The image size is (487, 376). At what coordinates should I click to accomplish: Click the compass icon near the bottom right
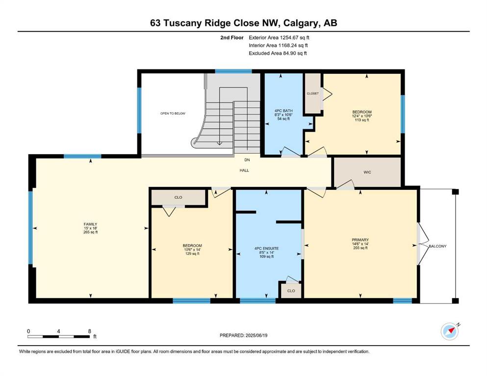pyautogui.click(x=450, y=331)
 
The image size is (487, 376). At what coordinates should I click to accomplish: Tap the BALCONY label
pyautogui.click(x=437, y=246)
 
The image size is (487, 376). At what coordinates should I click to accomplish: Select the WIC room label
pyautogui.click(x=367, y=172)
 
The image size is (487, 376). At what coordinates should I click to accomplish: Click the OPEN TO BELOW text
pyautogui.click(x=173, y=114)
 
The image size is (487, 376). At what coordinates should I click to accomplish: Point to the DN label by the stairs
pyautogui.click(x=247, y=160)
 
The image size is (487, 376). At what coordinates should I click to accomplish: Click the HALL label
pyautogui.click(x=244, y=170)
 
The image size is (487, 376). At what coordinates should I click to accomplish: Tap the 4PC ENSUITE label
pyautogui.click(x=266, y=248)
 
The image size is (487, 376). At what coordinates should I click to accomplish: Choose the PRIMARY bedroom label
pyautogui.click(x=360, y=239)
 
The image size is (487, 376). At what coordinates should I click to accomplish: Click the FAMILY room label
pyautogui.click(x=90, y=224)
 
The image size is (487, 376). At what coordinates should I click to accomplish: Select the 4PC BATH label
pyautogui.click(x=283, y=111)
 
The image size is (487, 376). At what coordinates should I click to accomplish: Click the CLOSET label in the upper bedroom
pyautogui.click(x=313, y=94)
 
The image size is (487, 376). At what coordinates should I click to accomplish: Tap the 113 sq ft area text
pyautogui.click(x=362, y=120)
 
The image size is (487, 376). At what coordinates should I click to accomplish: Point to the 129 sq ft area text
pyautogui.click(x=192, y=254)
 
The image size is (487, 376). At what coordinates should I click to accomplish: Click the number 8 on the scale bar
pyautogui.click(x=89, y=331)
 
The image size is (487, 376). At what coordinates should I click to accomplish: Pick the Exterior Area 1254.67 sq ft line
pyautogui.click(x=279, y=38)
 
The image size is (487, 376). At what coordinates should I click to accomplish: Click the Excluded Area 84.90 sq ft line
pyautogui.click(x=278, y=53)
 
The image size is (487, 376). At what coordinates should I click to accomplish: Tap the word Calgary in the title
pyautogui.click(x=301, y=23)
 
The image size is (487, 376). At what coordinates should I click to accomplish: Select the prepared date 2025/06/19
pyautogui.click(x=256, y=335)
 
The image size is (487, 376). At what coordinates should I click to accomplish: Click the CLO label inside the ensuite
pyautogui.click(x=291, y=291)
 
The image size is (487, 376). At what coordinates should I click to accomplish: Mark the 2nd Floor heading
pyautogui.click(x=231, y=38)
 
